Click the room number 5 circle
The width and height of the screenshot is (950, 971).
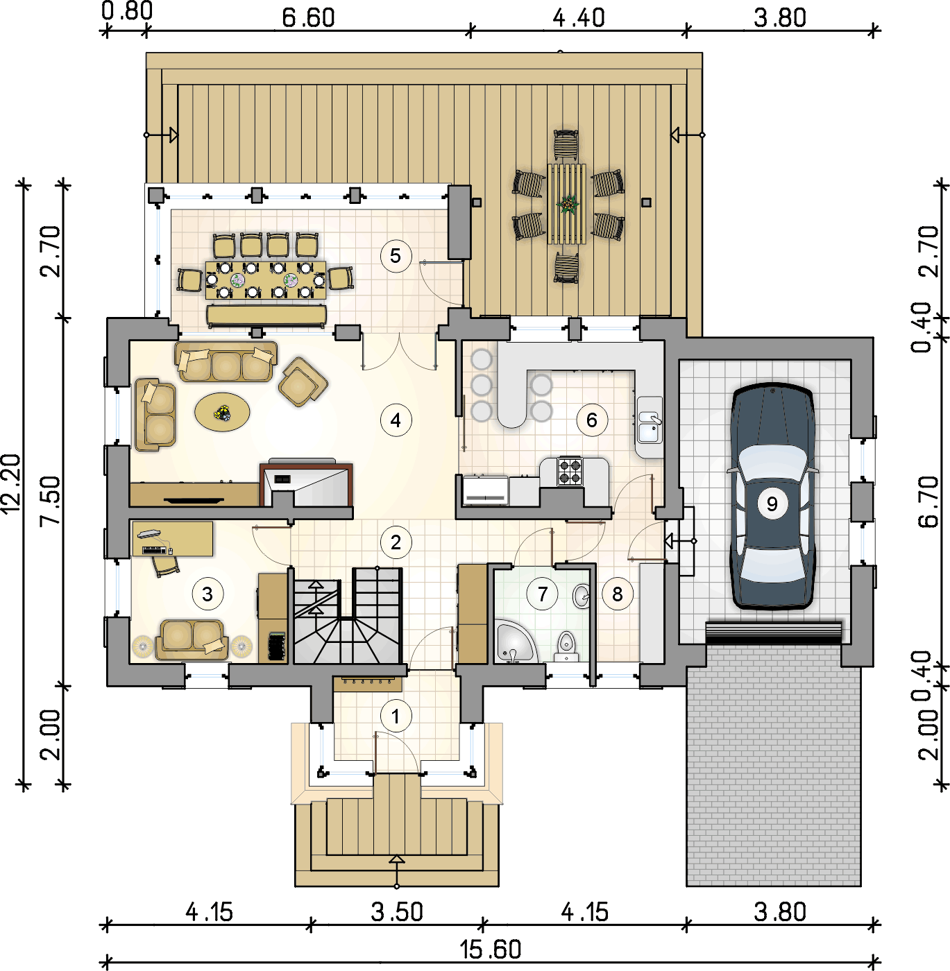click(396, 256)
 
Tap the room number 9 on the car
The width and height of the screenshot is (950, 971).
click(772, 504)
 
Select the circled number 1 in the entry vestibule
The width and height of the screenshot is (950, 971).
click(396, 716)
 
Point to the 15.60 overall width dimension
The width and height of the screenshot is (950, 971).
click(490, 949)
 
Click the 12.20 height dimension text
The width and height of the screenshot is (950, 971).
click(11, 483)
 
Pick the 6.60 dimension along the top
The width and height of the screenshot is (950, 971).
click(308, 18)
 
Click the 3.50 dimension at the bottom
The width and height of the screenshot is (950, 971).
click(397, 912)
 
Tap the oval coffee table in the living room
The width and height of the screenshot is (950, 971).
click(222, 412)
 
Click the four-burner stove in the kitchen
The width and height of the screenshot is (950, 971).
click(570, 470)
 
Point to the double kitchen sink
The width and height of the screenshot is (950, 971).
click(650, 426)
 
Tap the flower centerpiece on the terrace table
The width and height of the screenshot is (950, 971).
click(568, 204)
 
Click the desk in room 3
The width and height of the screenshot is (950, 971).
click(172, 539)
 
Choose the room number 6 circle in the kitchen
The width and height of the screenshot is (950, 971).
click(591, 420)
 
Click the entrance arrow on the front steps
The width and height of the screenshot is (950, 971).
click(397, 871)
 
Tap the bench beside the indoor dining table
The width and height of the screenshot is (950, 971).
click(266, 316)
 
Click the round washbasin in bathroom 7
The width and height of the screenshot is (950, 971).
click(581, 596)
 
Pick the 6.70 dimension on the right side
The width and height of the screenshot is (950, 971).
click(928, 502)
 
